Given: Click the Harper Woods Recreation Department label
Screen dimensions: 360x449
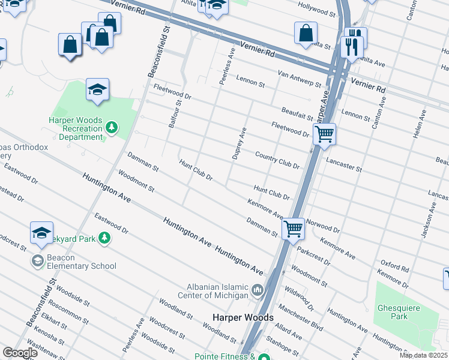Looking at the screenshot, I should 76,128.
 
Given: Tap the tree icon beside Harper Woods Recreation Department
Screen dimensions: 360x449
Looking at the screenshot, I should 111,128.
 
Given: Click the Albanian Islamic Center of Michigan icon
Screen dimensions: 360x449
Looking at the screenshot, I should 258,291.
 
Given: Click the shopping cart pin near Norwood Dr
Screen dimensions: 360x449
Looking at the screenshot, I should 293,228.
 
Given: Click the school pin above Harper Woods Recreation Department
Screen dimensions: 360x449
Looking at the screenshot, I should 97,91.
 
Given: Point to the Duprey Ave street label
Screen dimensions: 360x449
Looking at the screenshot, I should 240,143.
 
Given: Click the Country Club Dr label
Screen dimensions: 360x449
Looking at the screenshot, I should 277,160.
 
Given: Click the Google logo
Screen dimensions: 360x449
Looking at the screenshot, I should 20,353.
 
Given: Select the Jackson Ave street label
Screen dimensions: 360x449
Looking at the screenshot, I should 428,220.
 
